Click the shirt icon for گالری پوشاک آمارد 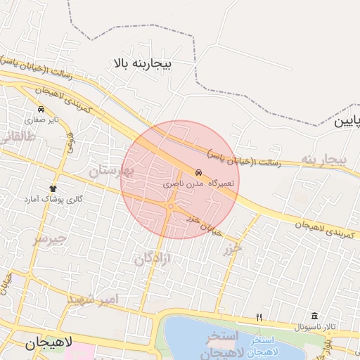coord(53,188)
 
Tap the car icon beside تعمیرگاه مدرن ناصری coord(198,172)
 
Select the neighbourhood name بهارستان coord(110,170)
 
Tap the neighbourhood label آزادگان coord(153,259)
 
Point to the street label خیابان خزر coord(204,225)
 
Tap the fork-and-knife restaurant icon coord(259,318)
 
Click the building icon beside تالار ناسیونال coord(314,317)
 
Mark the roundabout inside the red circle coord(171,206)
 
